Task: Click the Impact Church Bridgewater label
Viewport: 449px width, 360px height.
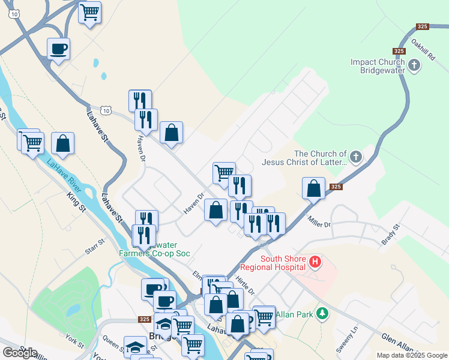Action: click(x=378, y=66)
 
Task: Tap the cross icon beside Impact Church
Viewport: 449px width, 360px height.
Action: click(x=414, y=65)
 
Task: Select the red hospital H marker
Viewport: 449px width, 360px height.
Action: click(x=316, y=262)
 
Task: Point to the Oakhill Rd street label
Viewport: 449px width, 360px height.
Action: click(x=423, y=49)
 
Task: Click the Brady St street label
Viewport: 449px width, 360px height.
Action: click(x=390, y=235)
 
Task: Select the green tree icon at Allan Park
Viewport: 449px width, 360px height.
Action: click(x=323, y=313)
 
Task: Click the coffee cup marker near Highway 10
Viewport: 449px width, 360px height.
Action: click(x=59, y=49)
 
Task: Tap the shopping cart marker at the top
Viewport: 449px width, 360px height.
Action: click(x=90, y=12)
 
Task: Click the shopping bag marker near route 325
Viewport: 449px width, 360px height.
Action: click(x=313, y=188)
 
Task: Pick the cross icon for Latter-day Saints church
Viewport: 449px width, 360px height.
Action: click(x=355, y=158)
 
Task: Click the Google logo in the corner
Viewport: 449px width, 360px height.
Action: click(x=20, y=353)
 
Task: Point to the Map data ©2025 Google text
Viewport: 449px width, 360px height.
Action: click(x=412, y=355)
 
